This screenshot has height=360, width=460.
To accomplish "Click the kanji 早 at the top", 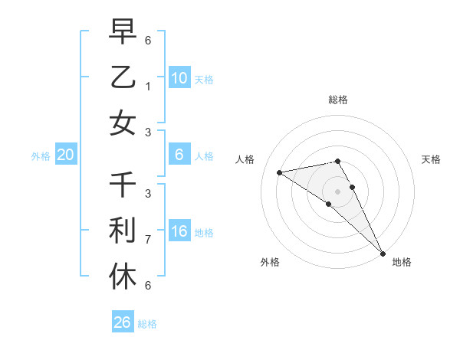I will (x=123, y=32).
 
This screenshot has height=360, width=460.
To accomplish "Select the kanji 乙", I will (x=123, y=77).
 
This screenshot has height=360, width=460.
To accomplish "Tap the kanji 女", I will (x=123, y=122).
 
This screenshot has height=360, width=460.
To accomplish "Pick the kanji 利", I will (x=123, y=230).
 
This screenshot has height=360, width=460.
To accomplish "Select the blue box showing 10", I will (x=179, y=77).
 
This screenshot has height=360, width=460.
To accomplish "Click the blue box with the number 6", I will (x=179, y=155).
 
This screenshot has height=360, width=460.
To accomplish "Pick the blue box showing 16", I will (x=179, y=231).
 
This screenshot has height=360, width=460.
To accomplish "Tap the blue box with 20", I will (x=66, y=155).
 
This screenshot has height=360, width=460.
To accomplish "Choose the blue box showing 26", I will (x=123, y=322).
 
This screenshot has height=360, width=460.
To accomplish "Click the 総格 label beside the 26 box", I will (x=147, y=324).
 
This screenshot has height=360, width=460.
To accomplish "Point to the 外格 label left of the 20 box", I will (x=41, y=156).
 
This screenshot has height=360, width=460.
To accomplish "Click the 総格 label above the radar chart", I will (x=338, y=100).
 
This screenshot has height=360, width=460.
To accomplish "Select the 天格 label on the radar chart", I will (x=431, y=159).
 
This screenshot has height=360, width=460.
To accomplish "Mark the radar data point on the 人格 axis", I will (x=280, y=172).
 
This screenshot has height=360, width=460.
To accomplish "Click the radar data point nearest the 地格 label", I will (x=382, y=252).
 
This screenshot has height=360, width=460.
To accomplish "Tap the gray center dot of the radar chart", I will (x=338, y=191).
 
